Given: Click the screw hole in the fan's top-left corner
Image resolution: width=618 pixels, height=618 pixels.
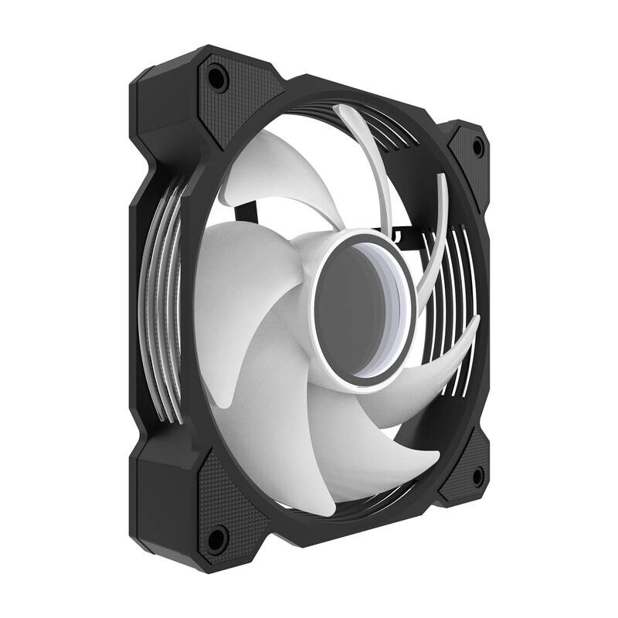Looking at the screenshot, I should pyautogui.click(x=216, y=76).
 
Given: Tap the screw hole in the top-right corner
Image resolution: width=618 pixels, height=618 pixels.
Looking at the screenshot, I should pyautogui.click(x=477, y=144).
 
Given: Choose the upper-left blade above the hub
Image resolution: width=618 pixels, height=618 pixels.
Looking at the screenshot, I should pyautogui.click(x=267, y=178).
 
